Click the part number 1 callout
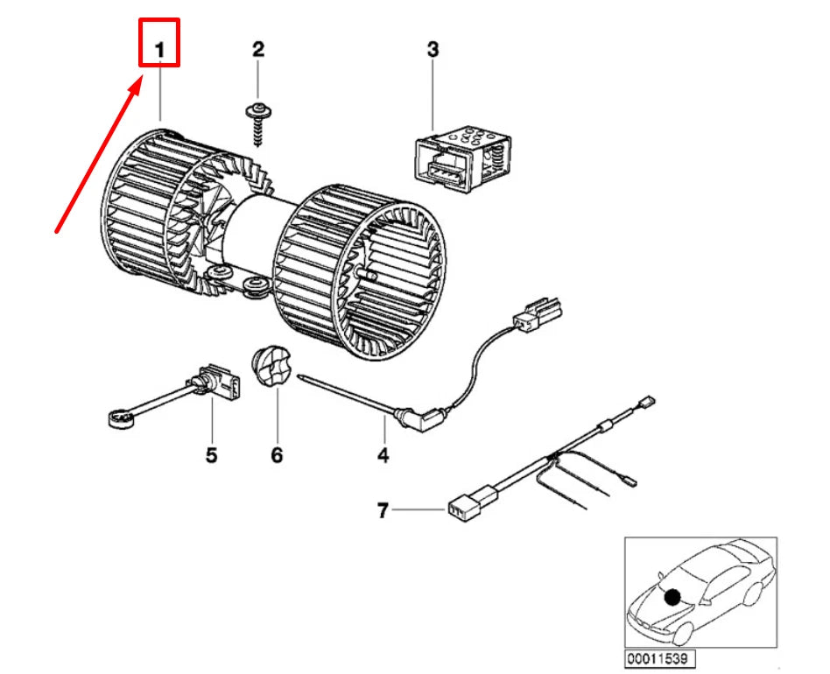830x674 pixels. pyautogui.click(x=160, y=52)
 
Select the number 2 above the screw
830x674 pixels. pyautogui.click(x=257, y=49)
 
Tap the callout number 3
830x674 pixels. pyautogui.click(x=433, y=49)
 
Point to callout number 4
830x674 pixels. pyautogui.click(x=383, y=455)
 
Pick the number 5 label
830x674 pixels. pyautogui.click(x=211, y=455)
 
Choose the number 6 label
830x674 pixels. pyautogui.click(x=277, y=455)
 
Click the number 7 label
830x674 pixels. pyautogui.click(x=383, y=510)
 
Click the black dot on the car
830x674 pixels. pyautogui.click(x=672, y=598)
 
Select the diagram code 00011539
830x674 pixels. pyautogui.click(x=661, y=657)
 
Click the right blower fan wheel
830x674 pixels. pyautogui.click(x=359, y=271)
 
